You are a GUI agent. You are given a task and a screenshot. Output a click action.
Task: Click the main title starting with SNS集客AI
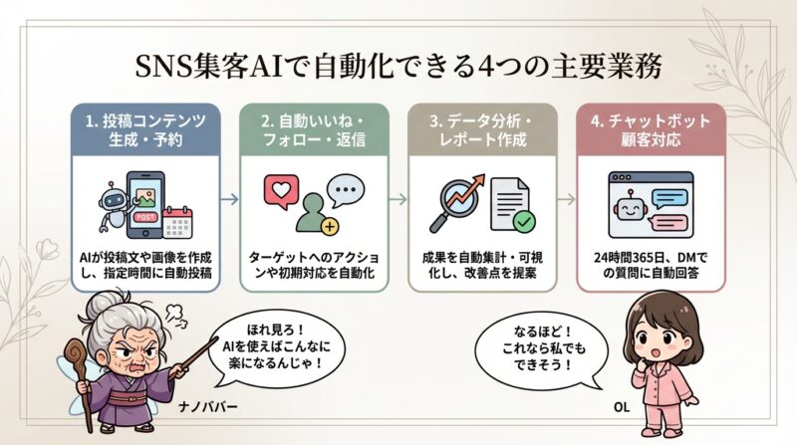point(398,67)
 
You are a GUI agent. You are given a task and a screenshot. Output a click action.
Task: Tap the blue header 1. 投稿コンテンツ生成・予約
point(145,129)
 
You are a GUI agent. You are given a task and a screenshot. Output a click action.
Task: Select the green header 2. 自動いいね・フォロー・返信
point(313,129)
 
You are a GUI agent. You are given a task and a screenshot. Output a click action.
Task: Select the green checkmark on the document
point(522,220)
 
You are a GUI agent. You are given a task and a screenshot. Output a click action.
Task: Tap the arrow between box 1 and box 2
point(228,199)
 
